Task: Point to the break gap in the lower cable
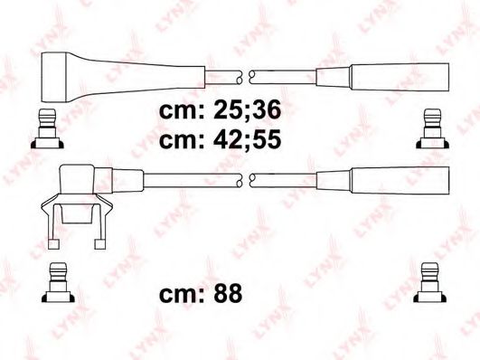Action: click(248, 178)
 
